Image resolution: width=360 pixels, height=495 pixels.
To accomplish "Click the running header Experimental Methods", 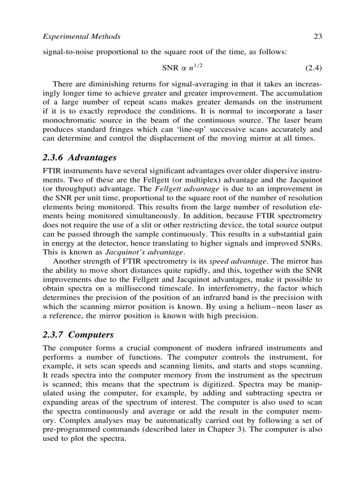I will pos(81,37).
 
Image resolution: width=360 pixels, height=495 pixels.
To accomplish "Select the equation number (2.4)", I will pos(313,68).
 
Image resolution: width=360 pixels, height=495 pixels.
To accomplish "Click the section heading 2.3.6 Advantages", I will pos(79,157).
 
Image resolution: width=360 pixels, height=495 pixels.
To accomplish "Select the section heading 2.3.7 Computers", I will pos(78,335).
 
